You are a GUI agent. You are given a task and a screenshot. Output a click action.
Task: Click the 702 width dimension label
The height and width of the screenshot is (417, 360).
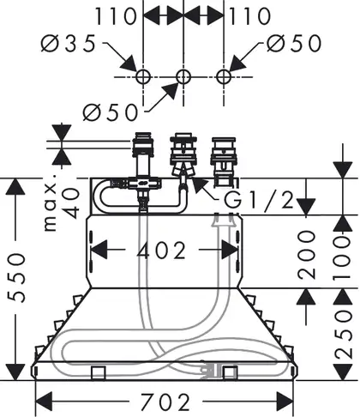click(x=165, y=402)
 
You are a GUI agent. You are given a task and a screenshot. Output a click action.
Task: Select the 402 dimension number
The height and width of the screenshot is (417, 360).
click(x=161, y=250)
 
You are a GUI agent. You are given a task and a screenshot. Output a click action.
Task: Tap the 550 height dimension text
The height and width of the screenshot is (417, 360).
click(x=16, y=277)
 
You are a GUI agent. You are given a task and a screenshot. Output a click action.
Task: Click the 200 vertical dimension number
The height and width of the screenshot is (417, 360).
click(x=307, y=255)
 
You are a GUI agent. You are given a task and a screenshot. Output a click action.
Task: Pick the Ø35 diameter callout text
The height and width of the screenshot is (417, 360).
click(x=68, y=44)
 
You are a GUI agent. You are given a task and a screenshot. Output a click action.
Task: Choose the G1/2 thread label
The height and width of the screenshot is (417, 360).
click(x=259, y=200)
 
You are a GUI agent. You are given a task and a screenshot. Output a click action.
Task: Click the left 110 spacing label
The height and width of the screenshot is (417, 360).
click(x=116, y=16)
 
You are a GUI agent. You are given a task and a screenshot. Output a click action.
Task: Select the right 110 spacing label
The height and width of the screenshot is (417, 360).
click(x=250, y=16)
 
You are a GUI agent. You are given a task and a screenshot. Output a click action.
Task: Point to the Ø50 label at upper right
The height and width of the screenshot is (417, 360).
click(x=294, y=44)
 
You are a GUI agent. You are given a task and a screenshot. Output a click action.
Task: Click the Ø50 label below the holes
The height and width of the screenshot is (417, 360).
click(x=111, y=112)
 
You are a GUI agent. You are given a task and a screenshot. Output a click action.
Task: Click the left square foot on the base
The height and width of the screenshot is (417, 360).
click(x=99, y=372)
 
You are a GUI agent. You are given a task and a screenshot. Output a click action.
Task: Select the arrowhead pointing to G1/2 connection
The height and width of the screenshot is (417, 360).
click(x=199, y=186)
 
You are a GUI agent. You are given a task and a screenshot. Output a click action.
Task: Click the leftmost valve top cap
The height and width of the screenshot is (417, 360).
click(x=144, y=135)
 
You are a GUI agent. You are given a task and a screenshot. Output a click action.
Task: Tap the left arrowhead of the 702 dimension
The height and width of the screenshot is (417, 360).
click(x=44, y=402)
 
